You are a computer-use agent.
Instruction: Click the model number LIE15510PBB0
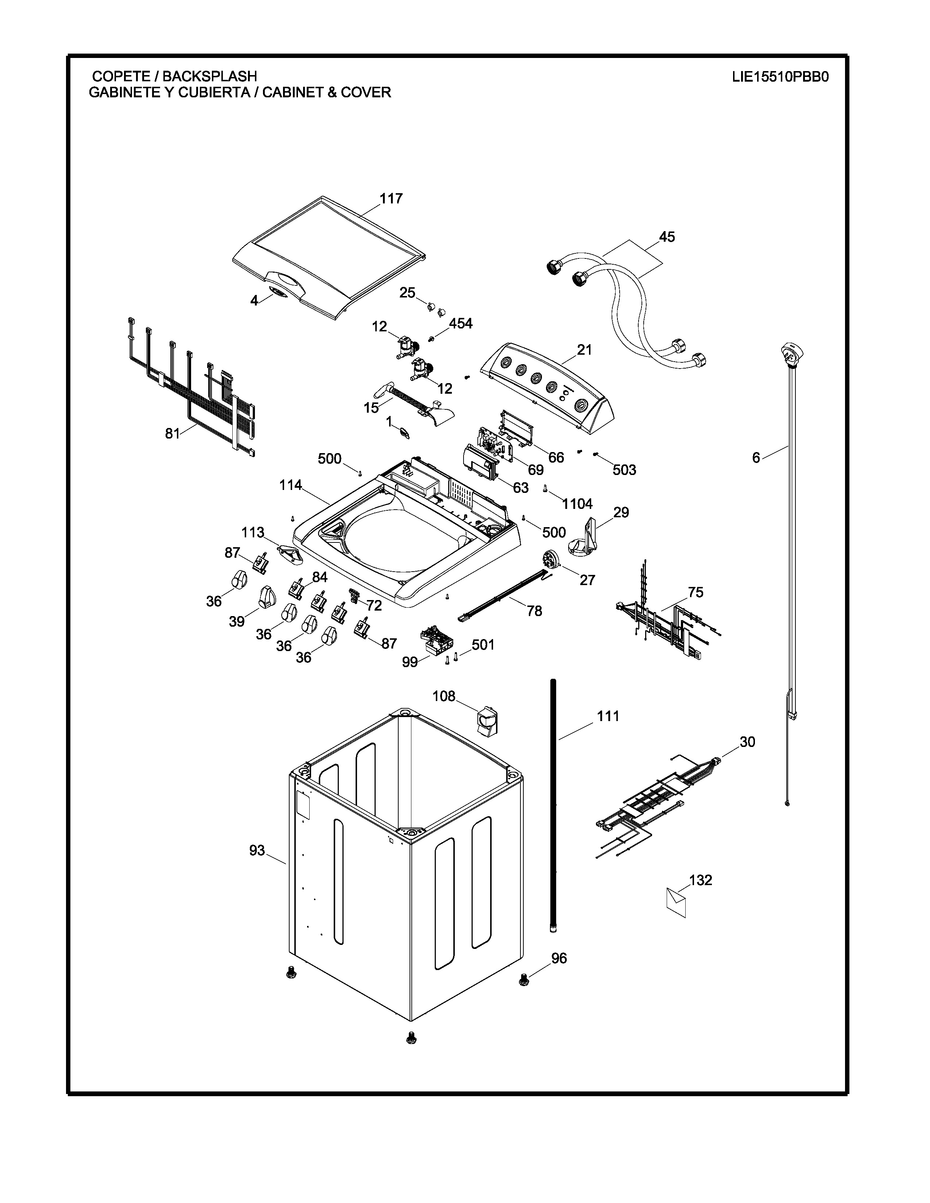(780, 77)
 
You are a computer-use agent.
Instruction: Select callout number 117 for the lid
(391, 198)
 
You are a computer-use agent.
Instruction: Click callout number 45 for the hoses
(667, 237)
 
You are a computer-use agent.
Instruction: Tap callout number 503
(624, 470)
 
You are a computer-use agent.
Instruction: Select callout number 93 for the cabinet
(257, 850)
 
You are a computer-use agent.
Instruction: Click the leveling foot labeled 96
(524, 980)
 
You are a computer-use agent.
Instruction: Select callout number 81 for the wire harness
(173, 433)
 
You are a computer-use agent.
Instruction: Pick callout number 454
(461, 323)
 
